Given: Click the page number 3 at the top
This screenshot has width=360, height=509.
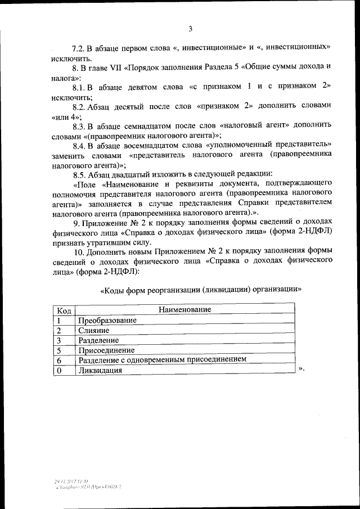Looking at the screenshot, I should point(190,29).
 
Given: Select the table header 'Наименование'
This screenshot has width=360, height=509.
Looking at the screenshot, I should point(184,310).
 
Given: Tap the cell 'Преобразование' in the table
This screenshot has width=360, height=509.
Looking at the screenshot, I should point(107,320).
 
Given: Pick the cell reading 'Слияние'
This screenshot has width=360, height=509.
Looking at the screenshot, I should point(94,330).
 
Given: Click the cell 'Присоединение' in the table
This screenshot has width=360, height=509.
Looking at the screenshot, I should point(103,350).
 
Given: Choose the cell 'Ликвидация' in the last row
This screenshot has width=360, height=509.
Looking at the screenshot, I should point(100,371).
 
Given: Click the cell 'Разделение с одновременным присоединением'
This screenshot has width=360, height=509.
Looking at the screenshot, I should point(163,360).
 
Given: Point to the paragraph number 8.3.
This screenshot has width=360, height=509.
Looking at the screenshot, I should point(79,124).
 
